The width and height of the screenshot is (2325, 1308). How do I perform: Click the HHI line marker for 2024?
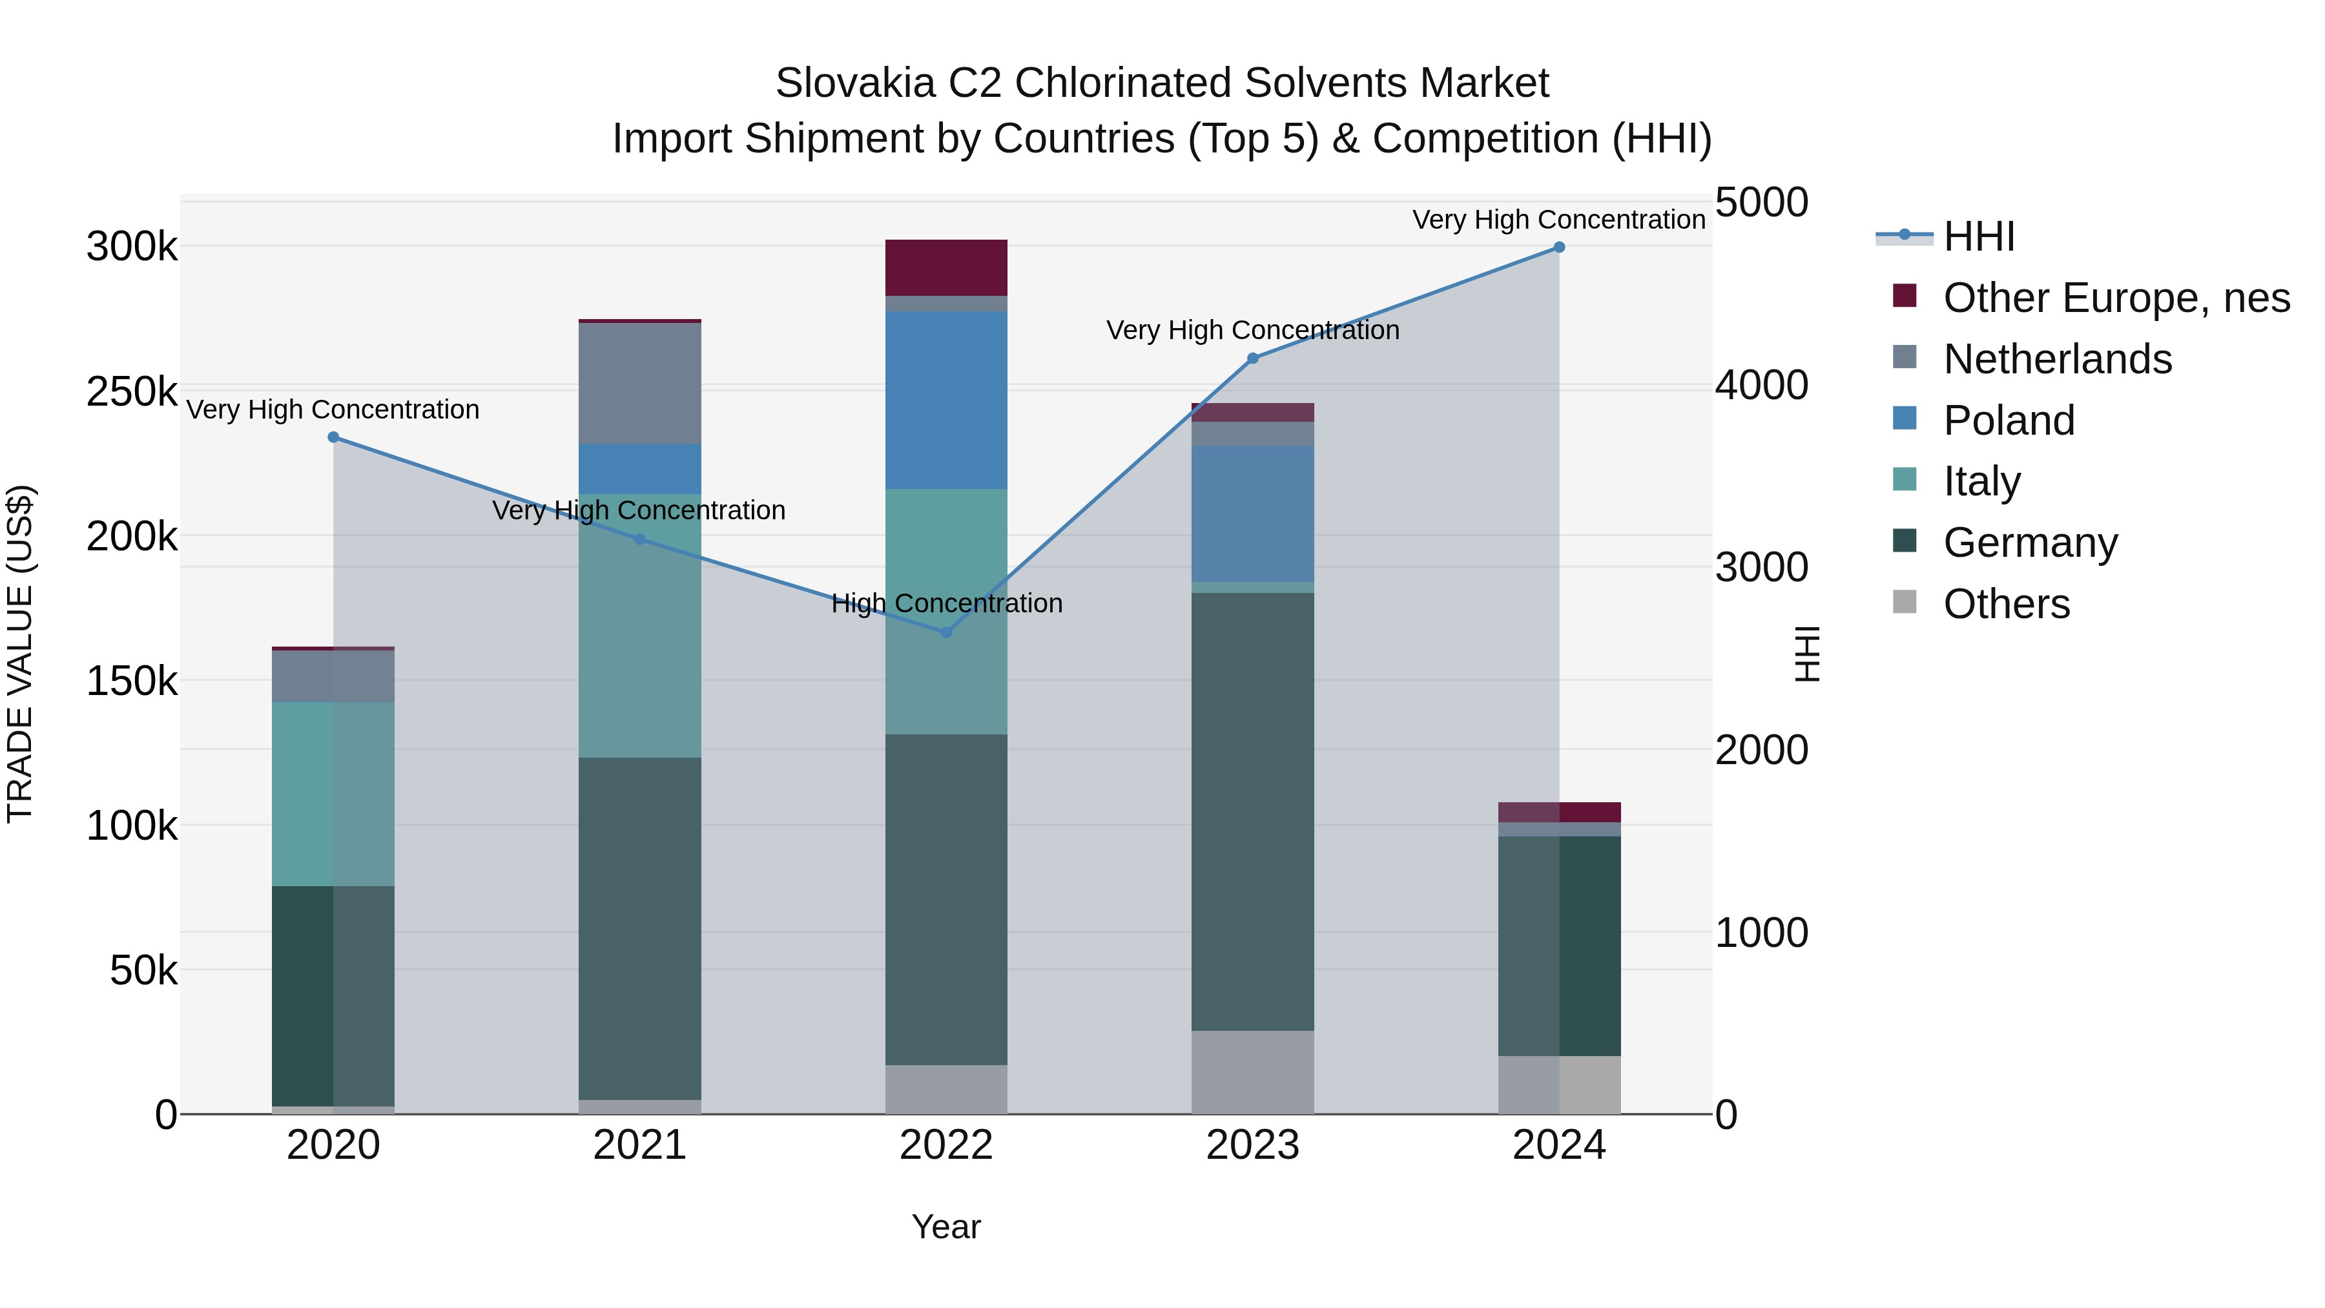click(1559, 247)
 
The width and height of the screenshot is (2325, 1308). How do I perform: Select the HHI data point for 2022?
click(946, 633)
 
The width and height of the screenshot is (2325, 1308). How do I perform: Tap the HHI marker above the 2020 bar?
click(333, 437)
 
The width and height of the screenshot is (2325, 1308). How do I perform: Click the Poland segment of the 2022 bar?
click(946, 400)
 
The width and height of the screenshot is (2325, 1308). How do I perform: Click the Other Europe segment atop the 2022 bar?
click(946, 267)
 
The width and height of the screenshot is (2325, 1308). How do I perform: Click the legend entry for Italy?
click(1981, 481)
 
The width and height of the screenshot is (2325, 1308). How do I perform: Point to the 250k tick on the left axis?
click(132, 392)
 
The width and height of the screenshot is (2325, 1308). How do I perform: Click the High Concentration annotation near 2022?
click(946, 603)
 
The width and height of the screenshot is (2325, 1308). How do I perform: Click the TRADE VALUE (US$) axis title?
click(20, 654)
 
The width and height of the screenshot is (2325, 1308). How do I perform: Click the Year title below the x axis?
click(946, 1227)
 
